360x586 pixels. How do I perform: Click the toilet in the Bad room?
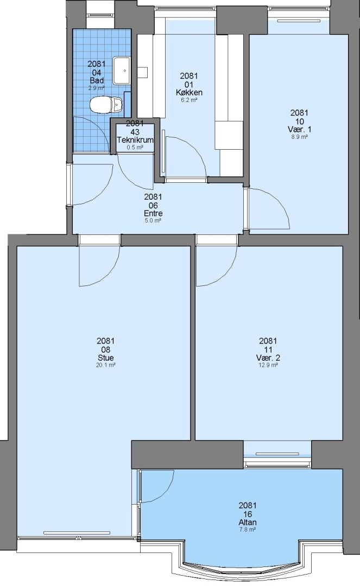(x=106, y=104)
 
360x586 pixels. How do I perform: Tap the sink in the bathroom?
(x=122, y=70)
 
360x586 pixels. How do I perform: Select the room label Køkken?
(x=189, y=93)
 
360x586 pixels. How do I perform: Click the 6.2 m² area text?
(x=189, y=100)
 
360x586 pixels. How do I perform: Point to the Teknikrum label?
(x=135, y=140)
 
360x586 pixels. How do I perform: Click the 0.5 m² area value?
(x=135, y=147)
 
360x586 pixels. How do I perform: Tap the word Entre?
(x=153, y=213)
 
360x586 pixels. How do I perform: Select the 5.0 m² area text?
(x=153, y=220)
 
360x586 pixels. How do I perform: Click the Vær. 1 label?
(x=299, y=129)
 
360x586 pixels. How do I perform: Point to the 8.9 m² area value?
(x=299, y=137)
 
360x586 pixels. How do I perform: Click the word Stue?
(x=106, y=358)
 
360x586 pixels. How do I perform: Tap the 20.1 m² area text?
(x=106, y=365)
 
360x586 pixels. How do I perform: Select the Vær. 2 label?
(x=268, y=358)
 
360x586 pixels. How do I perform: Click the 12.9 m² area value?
(x=268, y=365)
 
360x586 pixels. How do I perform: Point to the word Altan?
(x=248, y=523)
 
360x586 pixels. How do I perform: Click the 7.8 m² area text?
(x=248, y=530)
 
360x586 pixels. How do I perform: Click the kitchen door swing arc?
(x=195, y=150)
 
